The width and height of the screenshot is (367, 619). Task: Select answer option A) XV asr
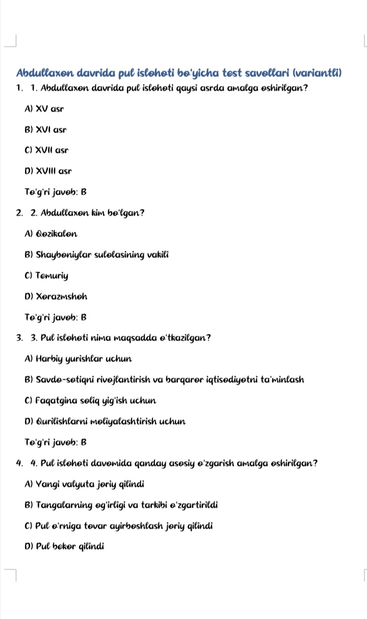coord(44,109)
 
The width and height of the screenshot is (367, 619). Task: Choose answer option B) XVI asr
coord(45,130)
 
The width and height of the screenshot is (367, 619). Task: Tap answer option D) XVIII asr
coord(48,171)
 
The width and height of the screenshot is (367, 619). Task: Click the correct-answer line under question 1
coord(56,192)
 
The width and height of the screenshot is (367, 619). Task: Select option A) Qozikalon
coord(51,234)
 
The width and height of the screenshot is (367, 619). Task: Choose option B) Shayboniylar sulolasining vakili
coord(96,255)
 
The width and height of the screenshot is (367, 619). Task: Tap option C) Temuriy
coord(46,276)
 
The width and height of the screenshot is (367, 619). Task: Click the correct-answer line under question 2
coord(56,318)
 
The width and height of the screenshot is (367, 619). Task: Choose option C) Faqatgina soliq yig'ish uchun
coord(90,401)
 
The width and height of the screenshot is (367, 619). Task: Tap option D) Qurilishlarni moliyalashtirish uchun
coord(104,422)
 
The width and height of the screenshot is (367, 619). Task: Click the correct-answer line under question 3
coord(56,443)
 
